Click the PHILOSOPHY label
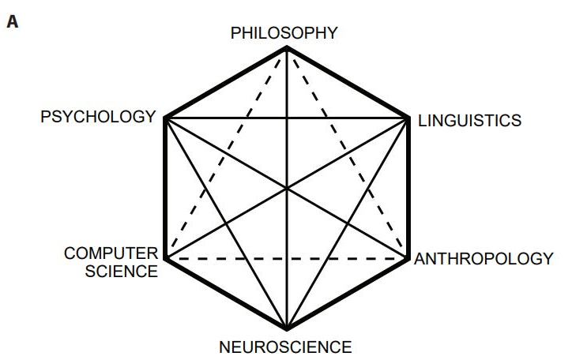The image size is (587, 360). coord(284,33)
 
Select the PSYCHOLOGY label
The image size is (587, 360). coord(98,118)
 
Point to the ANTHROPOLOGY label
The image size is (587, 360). coord(484,258)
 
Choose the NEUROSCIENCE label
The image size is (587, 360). coord(285,346)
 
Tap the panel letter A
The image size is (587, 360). coord(13,22)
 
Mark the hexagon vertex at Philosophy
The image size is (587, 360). coord(286,48)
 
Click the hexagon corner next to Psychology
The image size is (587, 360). coord(164,118)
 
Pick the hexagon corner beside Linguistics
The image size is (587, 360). coord(408,118)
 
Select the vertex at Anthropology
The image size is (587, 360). coord(408,258)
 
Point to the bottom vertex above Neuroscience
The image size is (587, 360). coord(286,328)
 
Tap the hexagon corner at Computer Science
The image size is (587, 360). coord(164,258)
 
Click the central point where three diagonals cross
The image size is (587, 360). coord(286,189)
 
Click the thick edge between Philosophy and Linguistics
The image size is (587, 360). coord(347,83)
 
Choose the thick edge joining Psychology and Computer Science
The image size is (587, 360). coord(164,189)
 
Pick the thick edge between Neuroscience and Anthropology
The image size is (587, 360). coord(347,294)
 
